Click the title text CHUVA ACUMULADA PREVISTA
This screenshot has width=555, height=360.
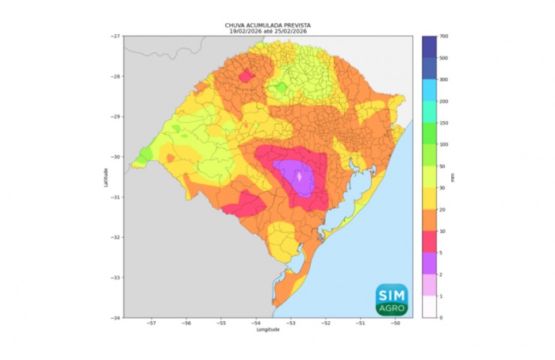point(267,25)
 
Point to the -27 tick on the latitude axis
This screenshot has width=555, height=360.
point(116,36)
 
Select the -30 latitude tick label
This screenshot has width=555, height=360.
point(116,157)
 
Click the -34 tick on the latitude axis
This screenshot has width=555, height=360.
point(116,317)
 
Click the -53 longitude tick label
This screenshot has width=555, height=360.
point(291,324)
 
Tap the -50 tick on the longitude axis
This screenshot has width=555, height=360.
point(396,324)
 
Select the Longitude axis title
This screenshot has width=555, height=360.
point(267,329)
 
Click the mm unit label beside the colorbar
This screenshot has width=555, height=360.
point(454,178)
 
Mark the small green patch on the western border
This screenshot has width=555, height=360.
point(146,152)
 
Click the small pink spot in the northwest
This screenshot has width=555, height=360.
point(247,76)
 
